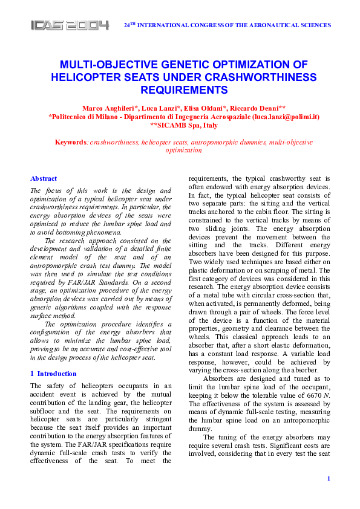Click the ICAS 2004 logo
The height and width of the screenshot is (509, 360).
click(x=70, y=25)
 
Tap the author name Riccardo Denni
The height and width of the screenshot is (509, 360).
click(x=259, y=107)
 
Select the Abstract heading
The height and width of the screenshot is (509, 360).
click(x=44, y=178)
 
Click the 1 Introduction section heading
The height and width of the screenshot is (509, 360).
click(x=53, y=374)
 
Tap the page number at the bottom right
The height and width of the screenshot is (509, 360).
click(x=328, y=479)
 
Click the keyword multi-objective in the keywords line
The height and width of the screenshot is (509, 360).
click(x=290, y=142)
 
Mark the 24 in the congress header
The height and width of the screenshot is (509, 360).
click(x=127, y=25)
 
